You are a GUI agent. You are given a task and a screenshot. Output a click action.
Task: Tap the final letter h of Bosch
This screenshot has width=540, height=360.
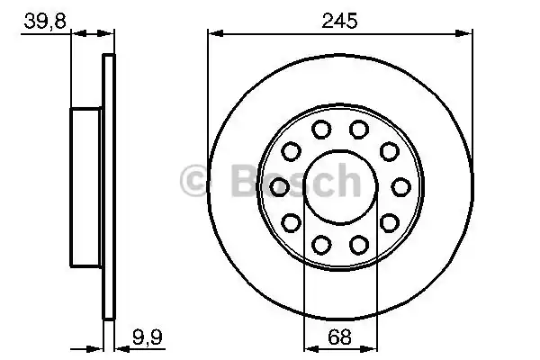pos(347,183)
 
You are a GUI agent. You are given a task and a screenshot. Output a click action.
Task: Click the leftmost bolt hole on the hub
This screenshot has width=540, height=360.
pos(279,186)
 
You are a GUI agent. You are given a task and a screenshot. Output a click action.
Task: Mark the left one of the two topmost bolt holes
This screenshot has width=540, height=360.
pos(319,130)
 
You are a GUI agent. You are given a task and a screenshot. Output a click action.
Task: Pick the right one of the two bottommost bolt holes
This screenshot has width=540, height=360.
pos(359,243)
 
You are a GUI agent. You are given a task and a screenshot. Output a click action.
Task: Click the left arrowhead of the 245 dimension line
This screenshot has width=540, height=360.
pos(213,34)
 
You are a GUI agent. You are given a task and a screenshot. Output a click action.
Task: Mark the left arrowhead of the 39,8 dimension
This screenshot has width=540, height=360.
pos(75,34)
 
